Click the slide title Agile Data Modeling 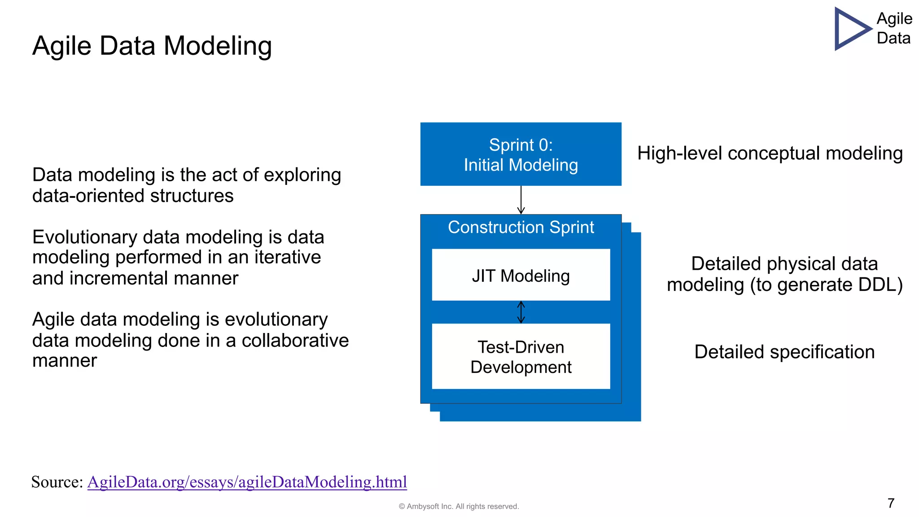pyautogui.click(x=152, y=46)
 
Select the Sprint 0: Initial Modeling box pyautogui.click(x=521, y=154)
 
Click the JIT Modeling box pyautogui.click(x=521, y=275)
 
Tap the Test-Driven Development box pyautogui.click(x=521, y=357)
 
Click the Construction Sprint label pyautogui.click(x=521, y=228)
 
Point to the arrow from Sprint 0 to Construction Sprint pyautogui.click(x=521, y=200)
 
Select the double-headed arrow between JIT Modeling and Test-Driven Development pyautogui.click(x=521, y=312)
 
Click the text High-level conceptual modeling pyautogui.click(x=770, y=153)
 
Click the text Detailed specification pyautogui.click(x=784, y=352)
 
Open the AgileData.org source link pyautogui.click(x=247, y=482)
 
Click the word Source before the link pyautogui.click(x=56, y=482)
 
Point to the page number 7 pyautogui.click(x=891, y=503)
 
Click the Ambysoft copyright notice pyautogui.click(x=459, y=506)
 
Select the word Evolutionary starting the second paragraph pyautogui.click(x=84, y=237)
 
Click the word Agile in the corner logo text pyautogui.click(x=894, y=19)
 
